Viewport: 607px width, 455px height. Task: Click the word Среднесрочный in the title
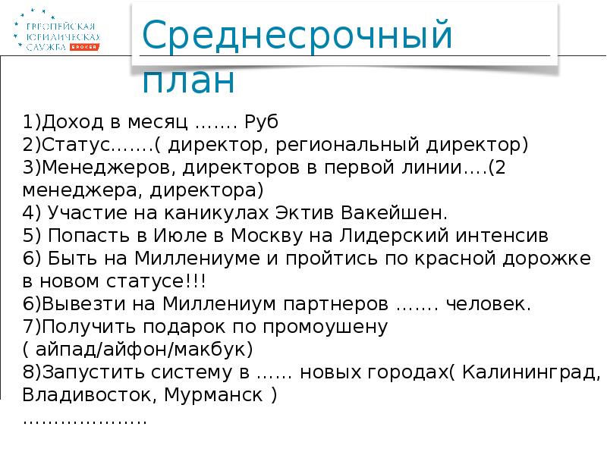pos(297,37)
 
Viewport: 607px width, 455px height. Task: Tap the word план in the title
pos(188,80)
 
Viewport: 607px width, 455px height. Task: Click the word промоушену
pos(326,327)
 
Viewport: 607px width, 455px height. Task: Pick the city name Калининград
pos(530,372)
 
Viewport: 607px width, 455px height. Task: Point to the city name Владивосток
pos(83,395)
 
